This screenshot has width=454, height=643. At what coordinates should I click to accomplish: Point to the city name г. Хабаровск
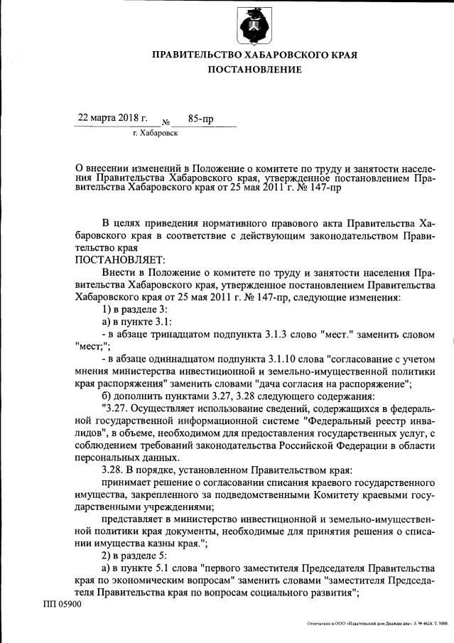coord(155,133)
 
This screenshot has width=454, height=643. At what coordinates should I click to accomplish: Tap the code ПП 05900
coord(62,605)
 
